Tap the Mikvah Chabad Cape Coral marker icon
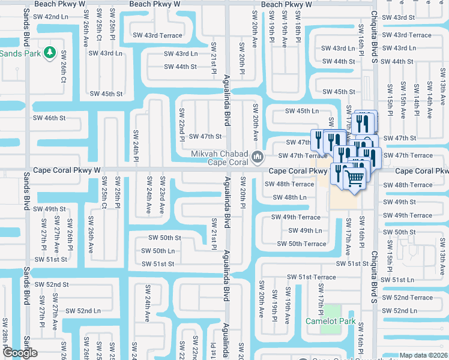(x=258, y=158)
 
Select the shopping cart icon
(x=354, y=177)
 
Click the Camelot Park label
(x=331, y=321)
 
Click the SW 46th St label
(x=49, y=119)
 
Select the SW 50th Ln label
(x=158, y=251)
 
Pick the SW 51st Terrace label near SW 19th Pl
(x=311, y=277)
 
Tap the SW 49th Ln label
(x=305, y=230)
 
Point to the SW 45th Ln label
(x=302, y=111)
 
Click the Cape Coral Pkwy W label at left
(x=67, y=170)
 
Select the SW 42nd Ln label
(x=51, y=17)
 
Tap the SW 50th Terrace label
(x=301, y=244)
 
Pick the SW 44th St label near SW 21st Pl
(x=180, y=67)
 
